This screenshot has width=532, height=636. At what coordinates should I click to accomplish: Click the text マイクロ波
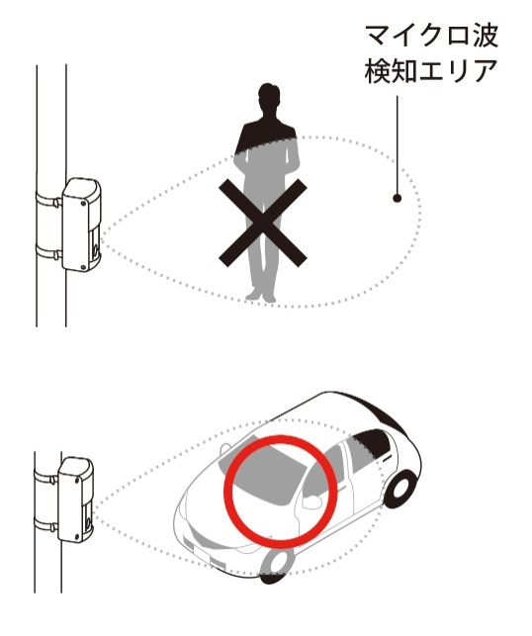point(431,36)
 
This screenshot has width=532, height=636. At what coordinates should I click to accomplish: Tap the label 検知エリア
point(431,71)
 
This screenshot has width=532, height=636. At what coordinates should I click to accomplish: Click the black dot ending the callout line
point(397,198)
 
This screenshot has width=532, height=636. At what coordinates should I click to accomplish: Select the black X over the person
point(263,223)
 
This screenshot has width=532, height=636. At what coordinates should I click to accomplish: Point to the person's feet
point(261,295)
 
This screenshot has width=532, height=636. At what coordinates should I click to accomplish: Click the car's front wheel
point(276,566)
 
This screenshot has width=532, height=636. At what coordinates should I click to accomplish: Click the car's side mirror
point(311,501)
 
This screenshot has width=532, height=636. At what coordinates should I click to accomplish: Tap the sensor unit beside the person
point(81,225)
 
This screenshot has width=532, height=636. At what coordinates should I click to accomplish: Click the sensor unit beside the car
point(76,500)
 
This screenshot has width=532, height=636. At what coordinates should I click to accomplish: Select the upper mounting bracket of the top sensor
point(48,199)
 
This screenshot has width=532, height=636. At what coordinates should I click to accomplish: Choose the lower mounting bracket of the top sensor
point(48,252)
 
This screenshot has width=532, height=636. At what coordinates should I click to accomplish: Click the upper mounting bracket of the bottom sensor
point(45,477)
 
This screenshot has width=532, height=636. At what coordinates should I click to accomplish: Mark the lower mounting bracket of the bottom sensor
point(45,524)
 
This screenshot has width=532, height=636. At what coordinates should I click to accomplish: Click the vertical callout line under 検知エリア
point(397,145)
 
